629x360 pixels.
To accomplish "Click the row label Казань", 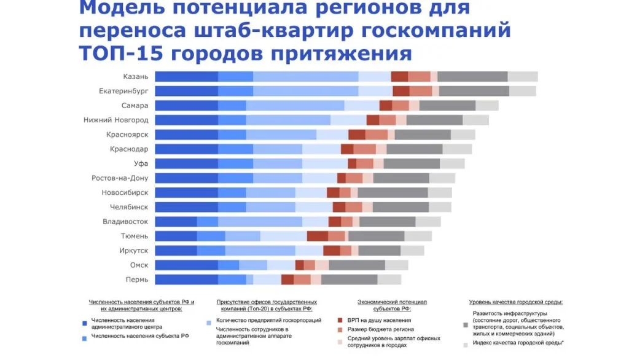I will [136, 76].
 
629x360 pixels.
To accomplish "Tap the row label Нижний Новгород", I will [116, 120].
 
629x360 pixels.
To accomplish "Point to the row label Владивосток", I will [125, 221].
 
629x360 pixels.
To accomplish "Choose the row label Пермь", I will [136, 280].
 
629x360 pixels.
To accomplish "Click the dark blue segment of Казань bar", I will [186, 76].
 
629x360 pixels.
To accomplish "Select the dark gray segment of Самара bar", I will [447, 106].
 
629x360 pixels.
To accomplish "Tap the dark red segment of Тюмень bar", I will [317, 236].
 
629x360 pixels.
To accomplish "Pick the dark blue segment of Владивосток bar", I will [176, 221].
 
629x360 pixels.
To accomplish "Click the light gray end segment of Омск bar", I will [396, 265].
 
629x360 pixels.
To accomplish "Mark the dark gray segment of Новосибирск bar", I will [393, 192].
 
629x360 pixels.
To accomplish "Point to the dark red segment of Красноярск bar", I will [356, 135].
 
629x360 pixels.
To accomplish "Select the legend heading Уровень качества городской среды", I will [515, 302].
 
